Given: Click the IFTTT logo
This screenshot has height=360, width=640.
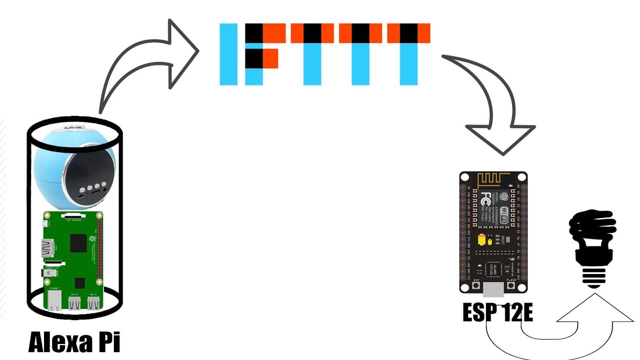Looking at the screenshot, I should pos(325,54).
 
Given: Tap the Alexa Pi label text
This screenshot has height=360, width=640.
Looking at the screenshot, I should pos(74,342).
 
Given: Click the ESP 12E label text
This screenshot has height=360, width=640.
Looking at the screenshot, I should pos(497,312).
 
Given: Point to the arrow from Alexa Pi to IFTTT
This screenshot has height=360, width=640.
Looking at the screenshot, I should pos(145,65).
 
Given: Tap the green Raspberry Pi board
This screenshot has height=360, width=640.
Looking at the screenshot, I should pos(74,260).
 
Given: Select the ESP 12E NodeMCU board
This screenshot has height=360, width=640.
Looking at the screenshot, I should pos(493,232).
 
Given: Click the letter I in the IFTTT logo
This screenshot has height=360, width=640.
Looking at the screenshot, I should pos(228,54).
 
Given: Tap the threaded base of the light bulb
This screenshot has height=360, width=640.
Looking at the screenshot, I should pos(594,276).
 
